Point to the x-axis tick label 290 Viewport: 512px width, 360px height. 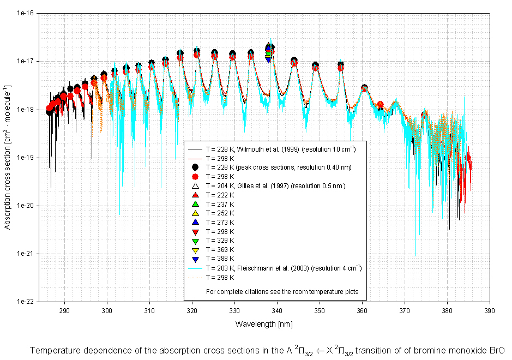(x=64, y=310)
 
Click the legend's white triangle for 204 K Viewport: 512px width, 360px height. (x=195, y=185)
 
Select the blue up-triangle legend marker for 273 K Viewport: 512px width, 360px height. (x=195, y=222)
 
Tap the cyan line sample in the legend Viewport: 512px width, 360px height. (x=195, y=268)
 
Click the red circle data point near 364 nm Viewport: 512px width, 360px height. (x=380, y=104)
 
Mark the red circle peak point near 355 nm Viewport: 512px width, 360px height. (x=341, y=68)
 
